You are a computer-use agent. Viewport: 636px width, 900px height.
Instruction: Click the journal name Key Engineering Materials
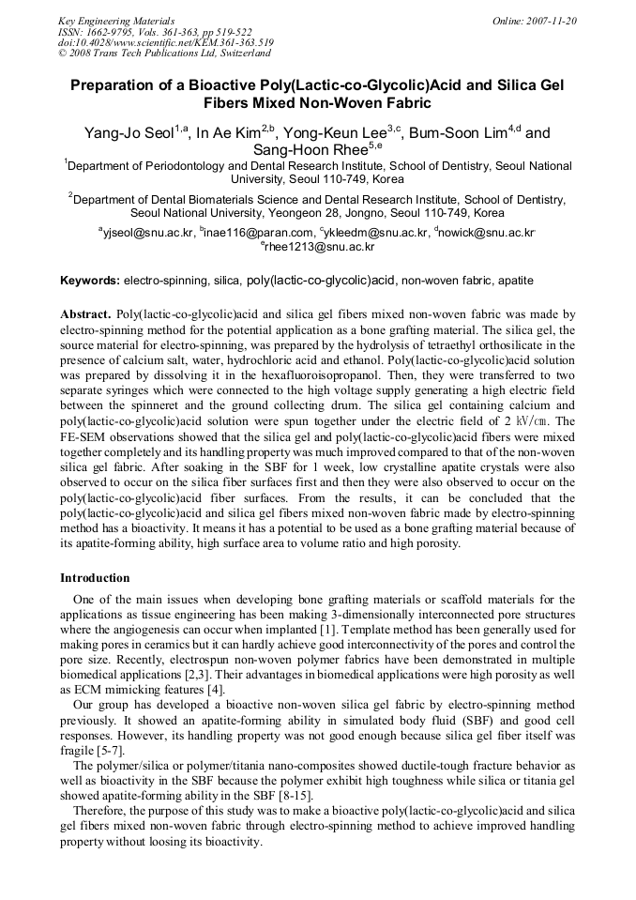pos(115,21)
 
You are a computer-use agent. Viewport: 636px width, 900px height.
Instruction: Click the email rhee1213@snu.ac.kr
pos(320,247)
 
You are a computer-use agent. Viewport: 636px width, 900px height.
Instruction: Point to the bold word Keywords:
pos(90,281)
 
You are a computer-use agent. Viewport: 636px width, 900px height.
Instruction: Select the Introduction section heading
pos(95,577)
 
